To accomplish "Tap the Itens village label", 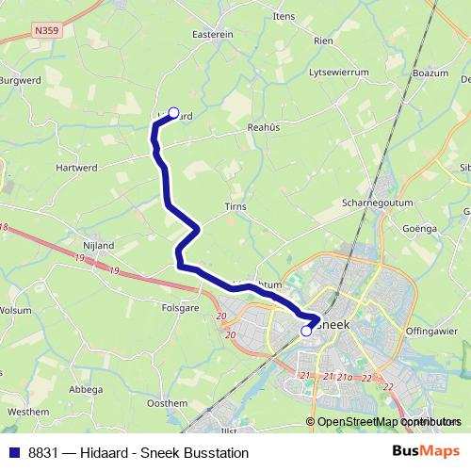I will (283, 17).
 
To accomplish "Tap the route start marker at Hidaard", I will (172, 111).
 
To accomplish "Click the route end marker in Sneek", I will (306, 331).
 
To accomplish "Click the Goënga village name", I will (420, 228).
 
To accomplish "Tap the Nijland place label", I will (98, 246).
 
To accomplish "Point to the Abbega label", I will (86, 389).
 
